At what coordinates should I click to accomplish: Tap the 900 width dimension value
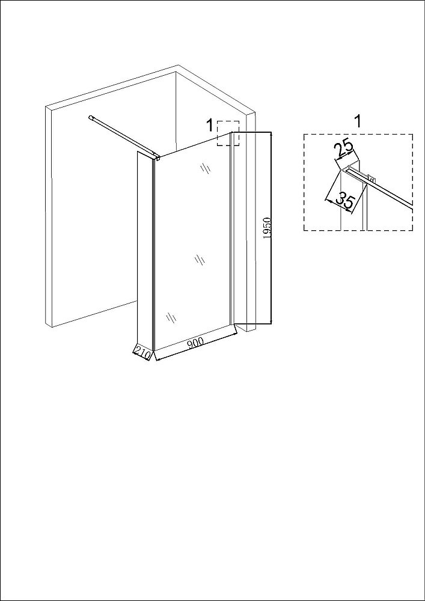click(x=195, y=343)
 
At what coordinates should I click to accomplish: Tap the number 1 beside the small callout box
click(x=209, y=126)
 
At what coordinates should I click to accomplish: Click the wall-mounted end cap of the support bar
click(x=91, y=117)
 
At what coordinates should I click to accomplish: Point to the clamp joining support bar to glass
click(x=156, y=157)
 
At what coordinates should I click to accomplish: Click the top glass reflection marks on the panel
click(x=206, y=168)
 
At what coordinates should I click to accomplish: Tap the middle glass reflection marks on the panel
click(x=200, y=260)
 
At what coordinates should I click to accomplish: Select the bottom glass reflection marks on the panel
click(x=171, y=317)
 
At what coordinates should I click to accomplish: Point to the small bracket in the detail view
click(x=370, y=177)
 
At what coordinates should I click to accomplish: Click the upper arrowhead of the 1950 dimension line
click(x=271, y=134)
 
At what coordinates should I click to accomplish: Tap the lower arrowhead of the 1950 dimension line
click(x=271, y=321)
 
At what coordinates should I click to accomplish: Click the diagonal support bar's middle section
click(x=123, y=136)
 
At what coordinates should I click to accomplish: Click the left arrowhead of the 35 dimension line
click(x=327, y=200)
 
